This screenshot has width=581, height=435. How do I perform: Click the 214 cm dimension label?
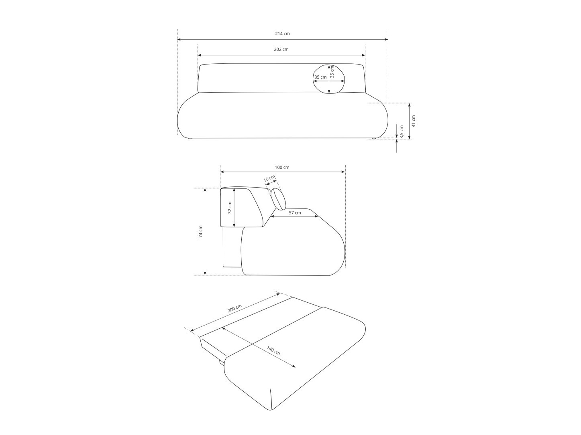[282, 34]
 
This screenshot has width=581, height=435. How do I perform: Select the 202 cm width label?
[281, 49]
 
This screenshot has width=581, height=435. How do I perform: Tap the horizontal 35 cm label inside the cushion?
[320, 77]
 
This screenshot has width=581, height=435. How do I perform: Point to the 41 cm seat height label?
[414, 121]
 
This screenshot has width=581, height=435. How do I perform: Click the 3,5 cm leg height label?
[402, 132]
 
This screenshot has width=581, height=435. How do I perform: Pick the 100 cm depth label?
[282, 167]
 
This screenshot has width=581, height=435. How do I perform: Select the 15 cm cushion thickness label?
[269, 178]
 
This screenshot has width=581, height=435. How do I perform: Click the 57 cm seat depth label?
[295, 212]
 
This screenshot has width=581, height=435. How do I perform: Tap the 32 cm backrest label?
[230, 208]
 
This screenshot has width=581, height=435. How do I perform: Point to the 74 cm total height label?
[201, 231]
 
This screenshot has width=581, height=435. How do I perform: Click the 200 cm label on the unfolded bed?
[234, 309]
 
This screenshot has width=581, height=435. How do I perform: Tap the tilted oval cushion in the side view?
[278, 199]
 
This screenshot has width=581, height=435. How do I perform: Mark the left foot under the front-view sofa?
[190, 139]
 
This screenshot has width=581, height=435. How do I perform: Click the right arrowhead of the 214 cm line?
[387, 40]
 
